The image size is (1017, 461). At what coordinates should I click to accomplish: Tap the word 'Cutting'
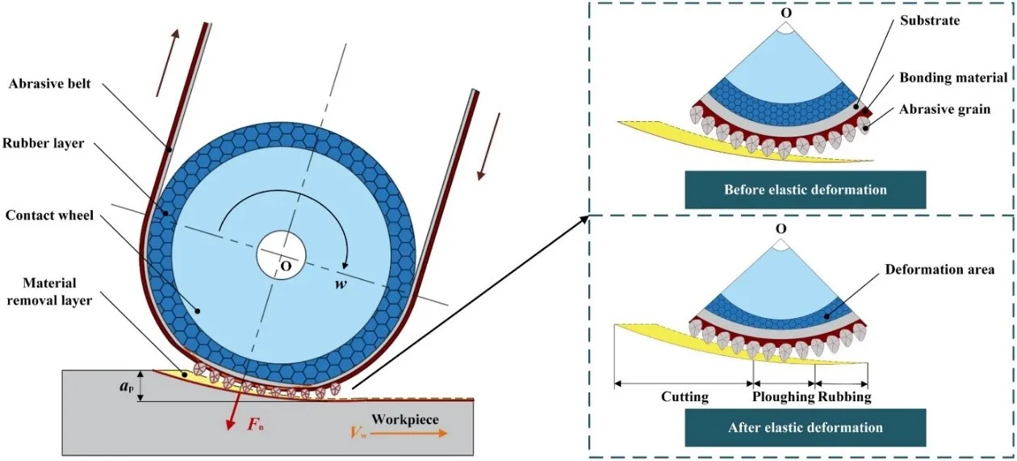pos(685,397)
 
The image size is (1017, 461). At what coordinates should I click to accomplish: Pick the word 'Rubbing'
pos(844,397)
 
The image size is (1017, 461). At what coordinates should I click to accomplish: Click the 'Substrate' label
pos(928,20)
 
